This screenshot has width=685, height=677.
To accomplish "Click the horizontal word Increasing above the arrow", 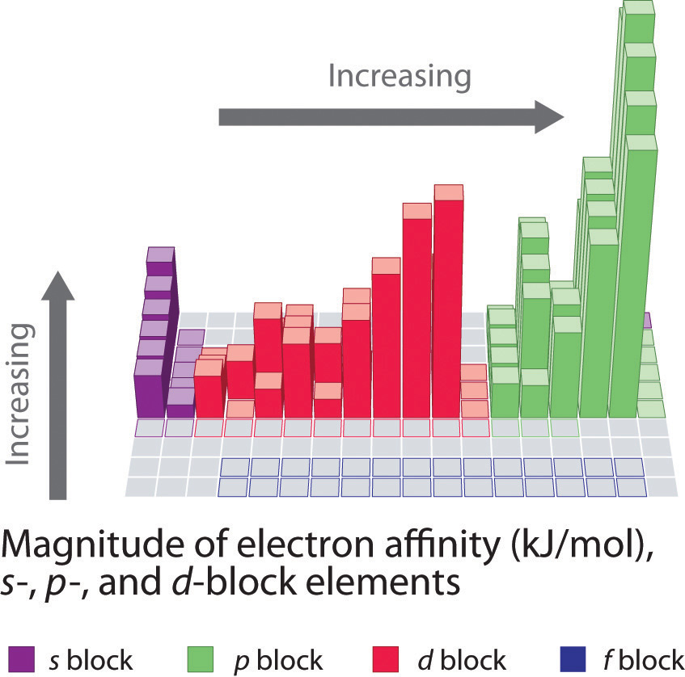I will click(x=400, y=77).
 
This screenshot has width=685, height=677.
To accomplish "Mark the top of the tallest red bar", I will click(x=448, y=192).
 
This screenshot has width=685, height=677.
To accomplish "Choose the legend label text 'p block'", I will click(x=280, y=660).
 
